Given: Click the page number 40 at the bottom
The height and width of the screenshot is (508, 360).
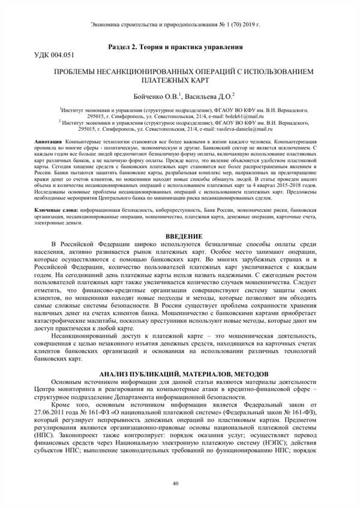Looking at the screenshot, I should [176, 483].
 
